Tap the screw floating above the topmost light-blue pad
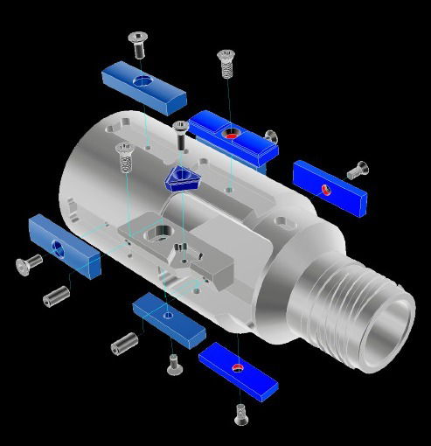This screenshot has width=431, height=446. tap(138, 43)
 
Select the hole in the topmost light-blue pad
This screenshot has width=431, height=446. tap(143, 81)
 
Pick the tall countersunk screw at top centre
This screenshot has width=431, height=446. tap(226, 64)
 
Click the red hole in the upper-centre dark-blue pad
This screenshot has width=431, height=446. tap(231, 136)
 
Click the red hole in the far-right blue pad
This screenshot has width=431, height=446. tap(326, 187)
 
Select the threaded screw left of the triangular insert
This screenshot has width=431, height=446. tap(123, 157)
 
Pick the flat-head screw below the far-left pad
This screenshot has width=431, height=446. tap(30, 261)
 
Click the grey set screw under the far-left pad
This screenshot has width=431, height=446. tap(57, 296)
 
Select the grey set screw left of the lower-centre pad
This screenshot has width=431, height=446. tap(125, 342)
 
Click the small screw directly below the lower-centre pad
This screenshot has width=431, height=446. tap(172, 359)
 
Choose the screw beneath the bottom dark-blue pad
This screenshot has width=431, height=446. tap(241, 414)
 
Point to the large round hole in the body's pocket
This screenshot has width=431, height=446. tap(161, 233)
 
